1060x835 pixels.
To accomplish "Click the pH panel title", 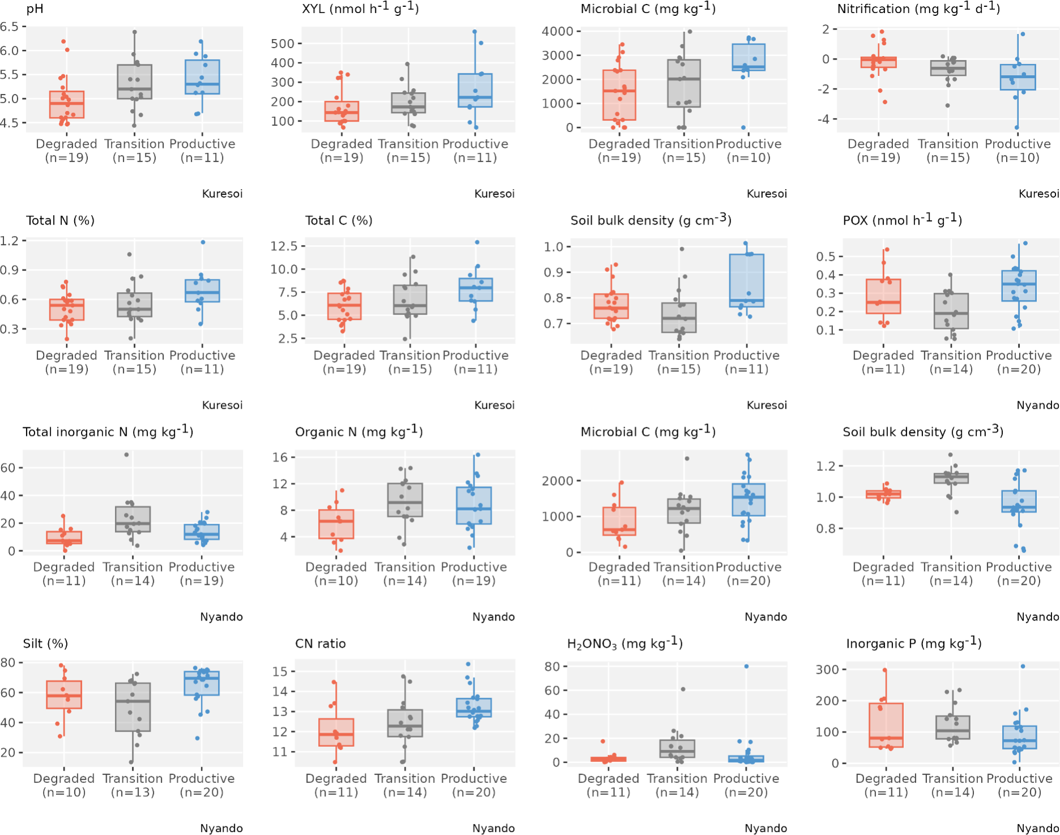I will click(x=35, y=9).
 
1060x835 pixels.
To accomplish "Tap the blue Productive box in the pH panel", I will click(x=202, y=77).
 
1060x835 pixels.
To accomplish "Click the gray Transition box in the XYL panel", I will click(x=408, y=103).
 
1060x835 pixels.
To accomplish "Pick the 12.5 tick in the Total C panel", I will click(x=284, y=246).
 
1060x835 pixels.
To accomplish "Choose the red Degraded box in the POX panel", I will click(x=883, y=296).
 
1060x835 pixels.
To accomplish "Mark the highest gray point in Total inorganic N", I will click(x=126, y=455).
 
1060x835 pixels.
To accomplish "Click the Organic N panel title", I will click(x=358, y=432).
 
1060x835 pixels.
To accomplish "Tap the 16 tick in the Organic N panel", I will click(x=280, y=457).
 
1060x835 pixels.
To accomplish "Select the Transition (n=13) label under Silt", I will click(x=132, y=785).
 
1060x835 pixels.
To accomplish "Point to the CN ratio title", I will click(x=320, y=644).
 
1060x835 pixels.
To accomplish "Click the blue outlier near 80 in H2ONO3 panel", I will click(x=746, y=666).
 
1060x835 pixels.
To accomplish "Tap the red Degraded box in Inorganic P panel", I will click(x=886, y=725).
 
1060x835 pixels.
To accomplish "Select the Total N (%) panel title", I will click(x=60, y=221).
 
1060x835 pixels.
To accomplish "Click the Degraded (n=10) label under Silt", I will click(x=63, y=785).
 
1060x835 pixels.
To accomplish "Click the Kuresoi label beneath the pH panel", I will click(x=222, y=194).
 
